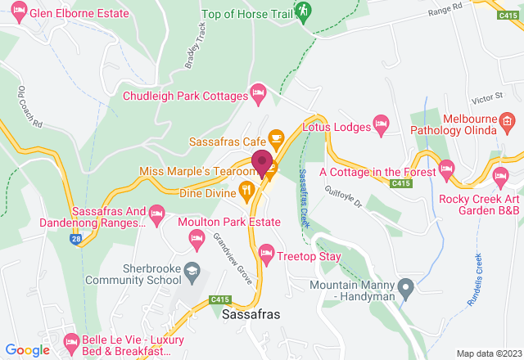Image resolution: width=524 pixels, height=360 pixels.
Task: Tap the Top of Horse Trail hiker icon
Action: tap(304, 11)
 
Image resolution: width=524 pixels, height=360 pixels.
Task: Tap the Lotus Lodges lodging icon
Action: tap(381, 125)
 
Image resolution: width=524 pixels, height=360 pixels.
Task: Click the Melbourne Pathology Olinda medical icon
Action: tap(508, 123)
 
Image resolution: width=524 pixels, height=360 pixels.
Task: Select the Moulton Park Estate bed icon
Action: tap(196, 239)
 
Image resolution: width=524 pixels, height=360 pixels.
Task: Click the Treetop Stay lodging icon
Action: tap(265, 253)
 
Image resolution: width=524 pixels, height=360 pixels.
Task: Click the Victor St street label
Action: tap(486, 97)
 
